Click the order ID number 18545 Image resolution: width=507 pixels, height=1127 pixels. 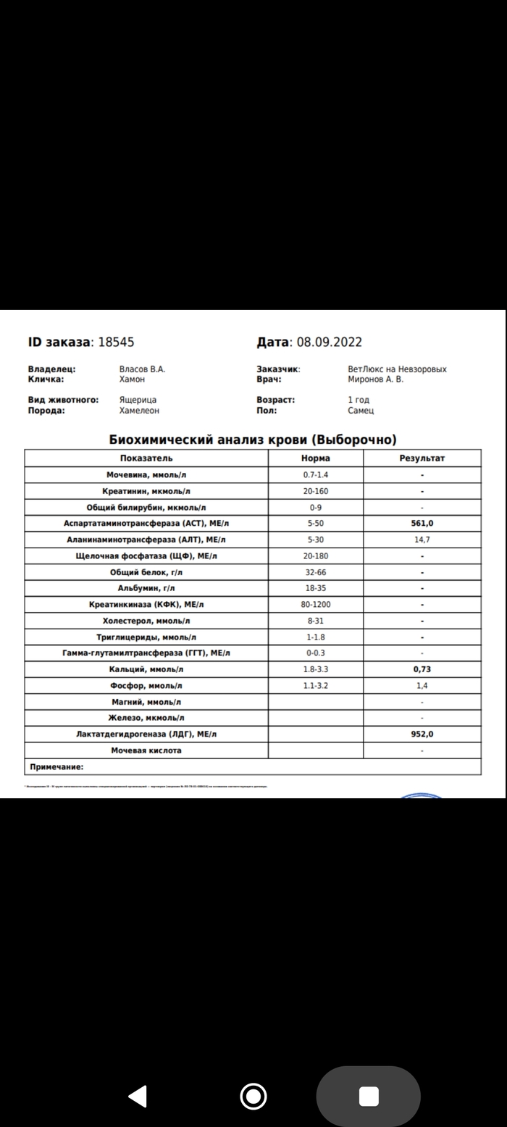(x=116, y=342)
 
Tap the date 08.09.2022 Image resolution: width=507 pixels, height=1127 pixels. (x=328, y=342)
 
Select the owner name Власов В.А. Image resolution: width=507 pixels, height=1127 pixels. (x=142, y=369)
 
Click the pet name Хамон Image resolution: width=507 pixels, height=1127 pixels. (x=132, y=379)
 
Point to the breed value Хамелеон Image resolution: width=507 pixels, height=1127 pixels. (x=139, y=411)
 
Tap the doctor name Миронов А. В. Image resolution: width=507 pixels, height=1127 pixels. (x=376, y=379)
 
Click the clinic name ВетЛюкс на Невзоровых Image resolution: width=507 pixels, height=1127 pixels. (x=397, y=369)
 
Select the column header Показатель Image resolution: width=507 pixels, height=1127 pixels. (x=146, y=458)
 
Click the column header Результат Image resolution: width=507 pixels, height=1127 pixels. (x=422, y=458)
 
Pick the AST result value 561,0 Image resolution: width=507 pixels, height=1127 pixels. (x=422, y=524)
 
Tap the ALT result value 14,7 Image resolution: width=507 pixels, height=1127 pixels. (x=422, y=540)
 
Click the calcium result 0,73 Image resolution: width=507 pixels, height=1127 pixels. (x=422, y=670)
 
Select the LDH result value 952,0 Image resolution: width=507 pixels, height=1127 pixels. (x=422, y=734)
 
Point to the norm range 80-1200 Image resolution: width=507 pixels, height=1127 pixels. (x=316, y=605)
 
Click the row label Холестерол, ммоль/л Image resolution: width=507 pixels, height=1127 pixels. (x=146, y=621)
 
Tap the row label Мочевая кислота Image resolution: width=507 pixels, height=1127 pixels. (x=146, y=751)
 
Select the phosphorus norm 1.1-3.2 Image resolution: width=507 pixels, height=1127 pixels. (x=316, y=686)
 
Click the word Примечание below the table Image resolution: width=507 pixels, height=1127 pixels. (x=56, y=767)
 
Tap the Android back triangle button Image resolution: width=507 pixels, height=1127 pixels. (x=138, y=1096)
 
